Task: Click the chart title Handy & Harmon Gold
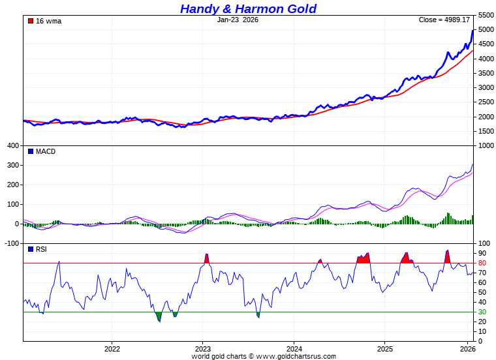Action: click(x=248, y=8)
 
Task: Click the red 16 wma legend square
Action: click(x=30, y=21)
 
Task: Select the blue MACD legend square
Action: click(x=30, y=151)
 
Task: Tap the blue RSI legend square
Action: click(x=30, y=249)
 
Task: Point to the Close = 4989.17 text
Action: click(x=444, y=20)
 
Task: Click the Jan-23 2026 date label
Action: click(x=238, y=20)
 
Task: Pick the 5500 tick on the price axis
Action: click(x=486, y=15)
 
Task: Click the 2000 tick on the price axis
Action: click(x=486, y=117)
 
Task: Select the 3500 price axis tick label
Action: click(x=486, y=73)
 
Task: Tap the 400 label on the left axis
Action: click(x=12, y=145)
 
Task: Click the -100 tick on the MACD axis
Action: click(x=12, y=243)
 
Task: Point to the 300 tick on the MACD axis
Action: click(x=12, y=165)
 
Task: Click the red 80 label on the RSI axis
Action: click(x=482, y=263)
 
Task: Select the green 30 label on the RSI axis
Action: click(x=482, y=312)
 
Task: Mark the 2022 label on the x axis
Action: click(x=112, y=349)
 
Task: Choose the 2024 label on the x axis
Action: click(x=294, y=349)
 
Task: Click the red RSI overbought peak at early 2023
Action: click(x=207, y=259)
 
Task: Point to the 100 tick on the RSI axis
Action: click(x=484, y=243)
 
